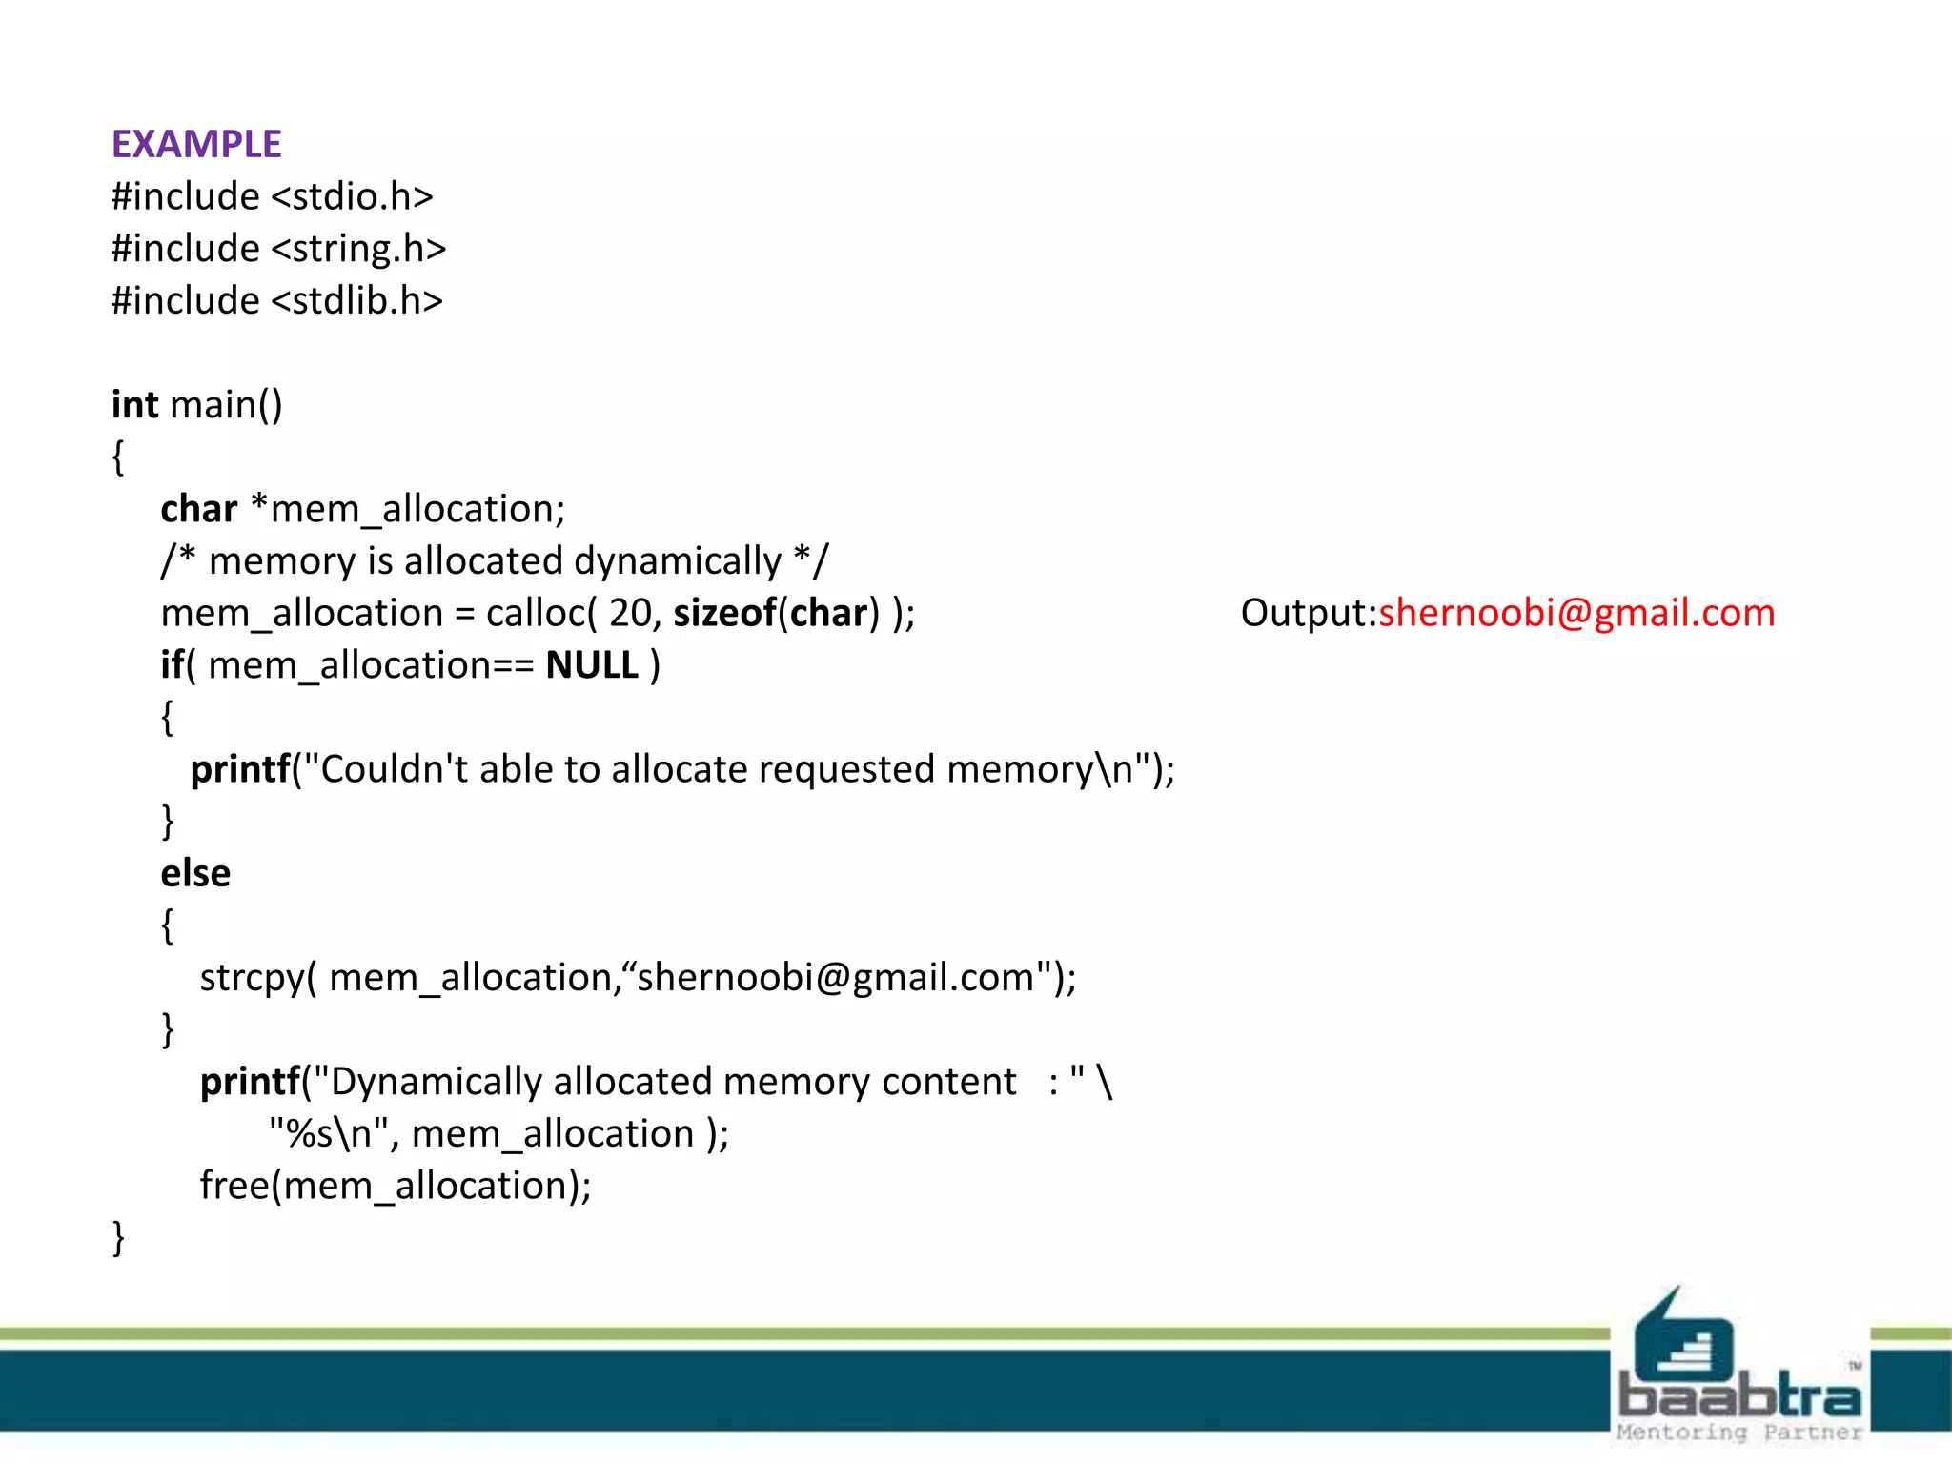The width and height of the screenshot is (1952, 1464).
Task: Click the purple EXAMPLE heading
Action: point(196,145)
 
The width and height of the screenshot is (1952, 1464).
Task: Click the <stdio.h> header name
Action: point(352,197)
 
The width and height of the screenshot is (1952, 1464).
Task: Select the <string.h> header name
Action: point(358,250)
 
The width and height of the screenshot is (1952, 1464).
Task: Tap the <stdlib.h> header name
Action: point(356,301)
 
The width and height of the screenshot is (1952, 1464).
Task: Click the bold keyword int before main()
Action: point(134,405)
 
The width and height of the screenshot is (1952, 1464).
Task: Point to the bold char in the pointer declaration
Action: point(198,509)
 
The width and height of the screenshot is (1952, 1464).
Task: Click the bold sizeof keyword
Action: point(724,614)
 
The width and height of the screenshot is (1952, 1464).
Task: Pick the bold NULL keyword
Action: point(592,665)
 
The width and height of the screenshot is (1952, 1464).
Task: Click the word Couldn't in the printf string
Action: point(395,769)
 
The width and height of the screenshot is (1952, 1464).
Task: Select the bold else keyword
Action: point(195,874)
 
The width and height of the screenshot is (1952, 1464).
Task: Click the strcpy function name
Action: point(252,979)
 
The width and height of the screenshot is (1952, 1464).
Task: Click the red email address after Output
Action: point(1576,613)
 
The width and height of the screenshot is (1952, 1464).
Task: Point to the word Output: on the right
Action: point(1309,613)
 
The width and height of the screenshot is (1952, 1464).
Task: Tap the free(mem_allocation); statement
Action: point(396,1187)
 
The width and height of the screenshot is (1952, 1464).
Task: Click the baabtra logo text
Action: point(1739,1397)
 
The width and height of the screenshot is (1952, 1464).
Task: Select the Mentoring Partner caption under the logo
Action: point(1739,1432)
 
